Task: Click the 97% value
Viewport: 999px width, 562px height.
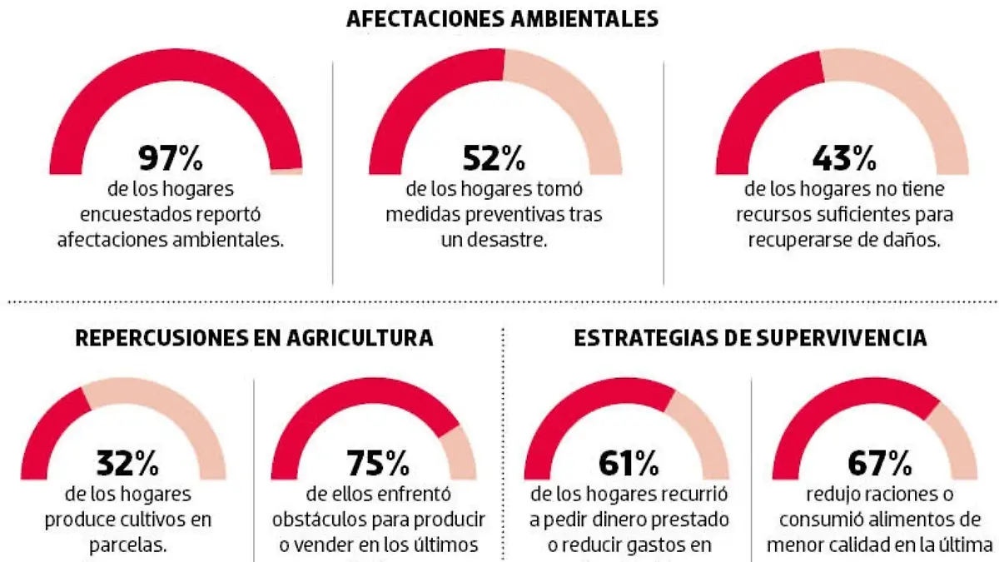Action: click(x=176, y=157)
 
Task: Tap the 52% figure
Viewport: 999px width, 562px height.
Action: click(x=494, y=157)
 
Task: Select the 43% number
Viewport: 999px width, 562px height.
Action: click(x=842, y=157)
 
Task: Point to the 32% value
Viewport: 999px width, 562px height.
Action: click(x=124, y=463)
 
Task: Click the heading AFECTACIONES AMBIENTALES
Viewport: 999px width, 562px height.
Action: click(x=502, y=18)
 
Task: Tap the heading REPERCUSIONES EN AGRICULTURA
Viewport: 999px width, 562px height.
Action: click(x=254, y=338)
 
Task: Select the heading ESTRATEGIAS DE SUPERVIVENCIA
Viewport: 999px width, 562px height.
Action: click(x=750, y=338)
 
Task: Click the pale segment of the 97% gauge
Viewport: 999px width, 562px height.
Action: click(x=287, y=171)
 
